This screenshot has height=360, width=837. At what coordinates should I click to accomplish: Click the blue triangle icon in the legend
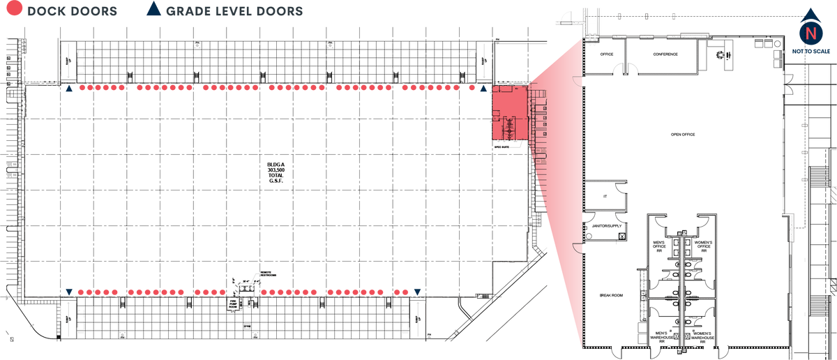coord(153,10)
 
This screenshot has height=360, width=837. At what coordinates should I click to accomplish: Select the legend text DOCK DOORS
coord(72,12)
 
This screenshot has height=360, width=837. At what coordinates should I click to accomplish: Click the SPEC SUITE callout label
coord(502,147)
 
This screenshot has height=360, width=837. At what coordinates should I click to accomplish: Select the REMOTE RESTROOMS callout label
coord(267,273)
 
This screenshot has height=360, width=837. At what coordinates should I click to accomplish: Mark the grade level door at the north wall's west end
coord(68,89)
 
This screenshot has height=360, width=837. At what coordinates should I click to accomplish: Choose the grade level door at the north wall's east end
coord(483,89)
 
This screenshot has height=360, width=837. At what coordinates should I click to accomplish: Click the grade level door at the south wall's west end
coord(68,291)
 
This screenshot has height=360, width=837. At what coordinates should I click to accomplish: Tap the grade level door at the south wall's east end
coord(417,291)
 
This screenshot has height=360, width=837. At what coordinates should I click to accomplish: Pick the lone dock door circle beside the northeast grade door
coord(472,89)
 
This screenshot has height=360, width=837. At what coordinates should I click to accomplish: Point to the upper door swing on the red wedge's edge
coord(577,82)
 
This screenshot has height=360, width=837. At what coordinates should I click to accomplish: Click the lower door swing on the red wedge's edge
coord(577,248)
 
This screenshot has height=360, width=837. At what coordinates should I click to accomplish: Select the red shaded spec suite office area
coord(508,112)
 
